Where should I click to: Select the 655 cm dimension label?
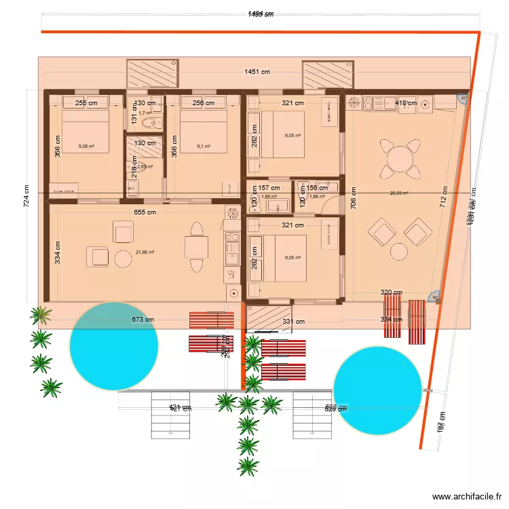(143, 212)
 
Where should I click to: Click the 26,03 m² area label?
(399, 193)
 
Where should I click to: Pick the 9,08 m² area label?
(86, 146)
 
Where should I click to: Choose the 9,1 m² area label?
(204, 146)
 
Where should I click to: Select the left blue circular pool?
(114, 346)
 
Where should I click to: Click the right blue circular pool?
(379, 390)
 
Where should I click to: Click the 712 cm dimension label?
(445, 195)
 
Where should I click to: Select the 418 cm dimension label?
(406, 103)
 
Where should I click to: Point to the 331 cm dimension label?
(294, 322)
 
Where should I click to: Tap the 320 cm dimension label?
(391, 293)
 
